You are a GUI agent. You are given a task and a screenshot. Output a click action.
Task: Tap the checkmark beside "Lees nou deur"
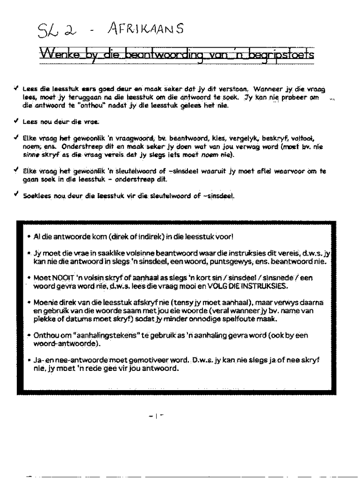point(17,121)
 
